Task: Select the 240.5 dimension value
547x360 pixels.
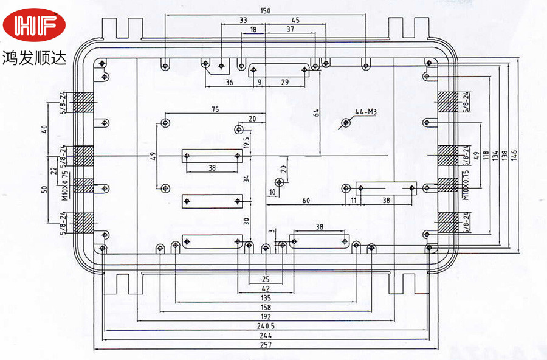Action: pyautogui.click(x=266, y=326)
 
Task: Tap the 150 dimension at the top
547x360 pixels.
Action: pyautogui.click(x=266, y=10)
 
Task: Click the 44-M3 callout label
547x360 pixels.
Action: pyautogui.click(x=366, y=111)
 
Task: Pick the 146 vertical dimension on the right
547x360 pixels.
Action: pyautogui.click(x=514, y=156)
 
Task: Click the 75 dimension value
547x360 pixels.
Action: pyautogui.click(x=215, y=110)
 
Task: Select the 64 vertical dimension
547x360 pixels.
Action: pyautogui.click(x=316, y=113)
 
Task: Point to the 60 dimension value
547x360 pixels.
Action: pyautogui.click(x=306, y=200)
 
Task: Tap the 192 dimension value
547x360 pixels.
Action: pyautogui.click(x=266, y=317)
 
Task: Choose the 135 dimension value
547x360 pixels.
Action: pyautogui.click(x=266, y=298)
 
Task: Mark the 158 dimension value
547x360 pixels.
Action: pyautogui.click(x=266, y=307)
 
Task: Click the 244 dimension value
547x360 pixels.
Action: pyautogui.click(x=266, y=335)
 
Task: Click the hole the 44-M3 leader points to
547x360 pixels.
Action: pyautogui.click(x=346, y=122)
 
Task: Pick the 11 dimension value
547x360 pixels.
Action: pyautogui.click(x=353, y=200)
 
